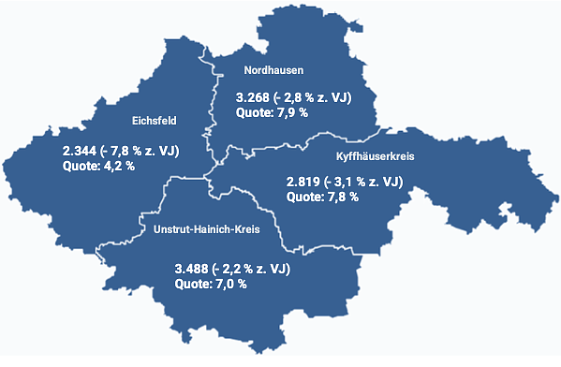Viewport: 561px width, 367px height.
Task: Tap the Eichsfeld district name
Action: (155, 119)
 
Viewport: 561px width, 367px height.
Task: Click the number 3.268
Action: (252, 96)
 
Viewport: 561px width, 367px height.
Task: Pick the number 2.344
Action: (81, 151)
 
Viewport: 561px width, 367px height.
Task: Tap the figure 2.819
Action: (305, 182)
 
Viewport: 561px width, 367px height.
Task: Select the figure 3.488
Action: (195, 269)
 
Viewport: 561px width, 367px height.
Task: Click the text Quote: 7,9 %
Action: (271, 112)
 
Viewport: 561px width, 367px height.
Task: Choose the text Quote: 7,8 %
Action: (323, 198)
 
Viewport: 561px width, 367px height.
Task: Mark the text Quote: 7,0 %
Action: (211, 284)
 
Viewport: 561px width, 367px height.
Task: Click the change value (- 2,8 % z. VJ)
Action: (314, 96)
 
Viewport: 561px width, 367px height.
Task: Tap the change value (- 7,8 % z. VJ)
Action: (142, 151)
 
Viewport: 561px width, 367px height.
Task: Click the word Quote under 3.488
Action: (193, 284)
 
